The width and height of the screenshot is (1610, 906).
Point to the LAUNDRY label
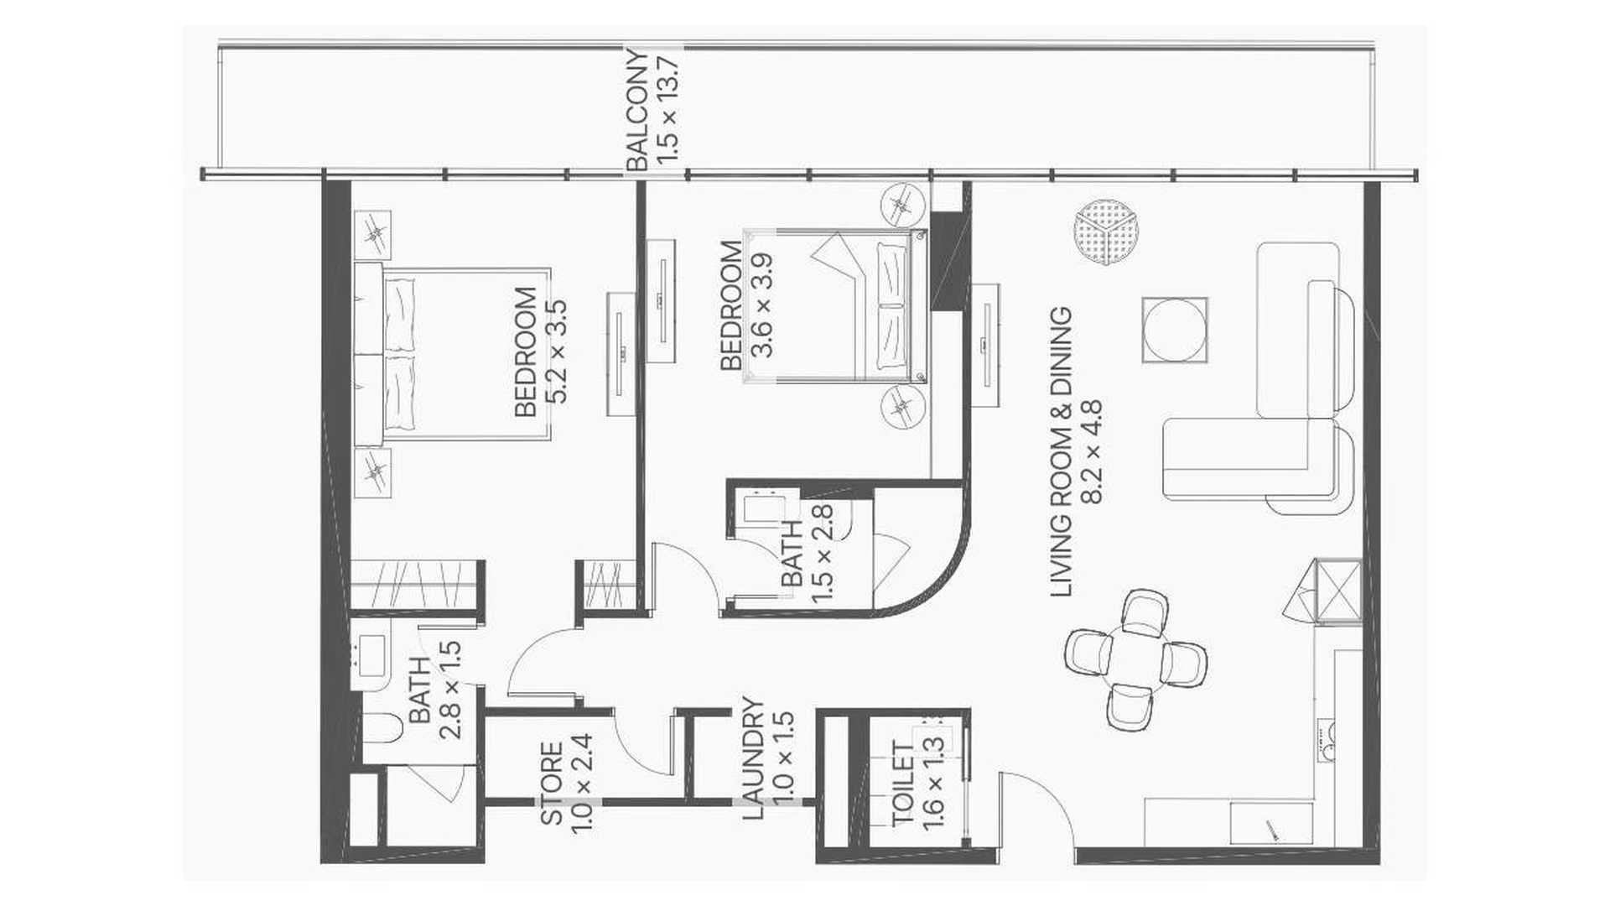(x=754, y=759)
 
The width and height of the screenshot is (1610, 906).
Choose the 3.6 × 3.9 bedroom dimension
(x=763, y=305)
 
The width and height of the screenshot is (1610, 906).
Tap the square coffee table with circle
(x=1175, y=330)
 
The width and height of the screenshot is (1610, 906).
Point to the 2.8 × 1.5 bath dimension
(x=451, y=690)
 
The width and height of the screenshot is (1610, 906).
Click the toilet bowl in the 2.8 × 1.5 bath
(x=383, y=728)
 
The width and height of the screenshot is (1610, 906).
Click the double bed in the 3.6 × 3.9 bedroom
(x=835, y=305)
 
